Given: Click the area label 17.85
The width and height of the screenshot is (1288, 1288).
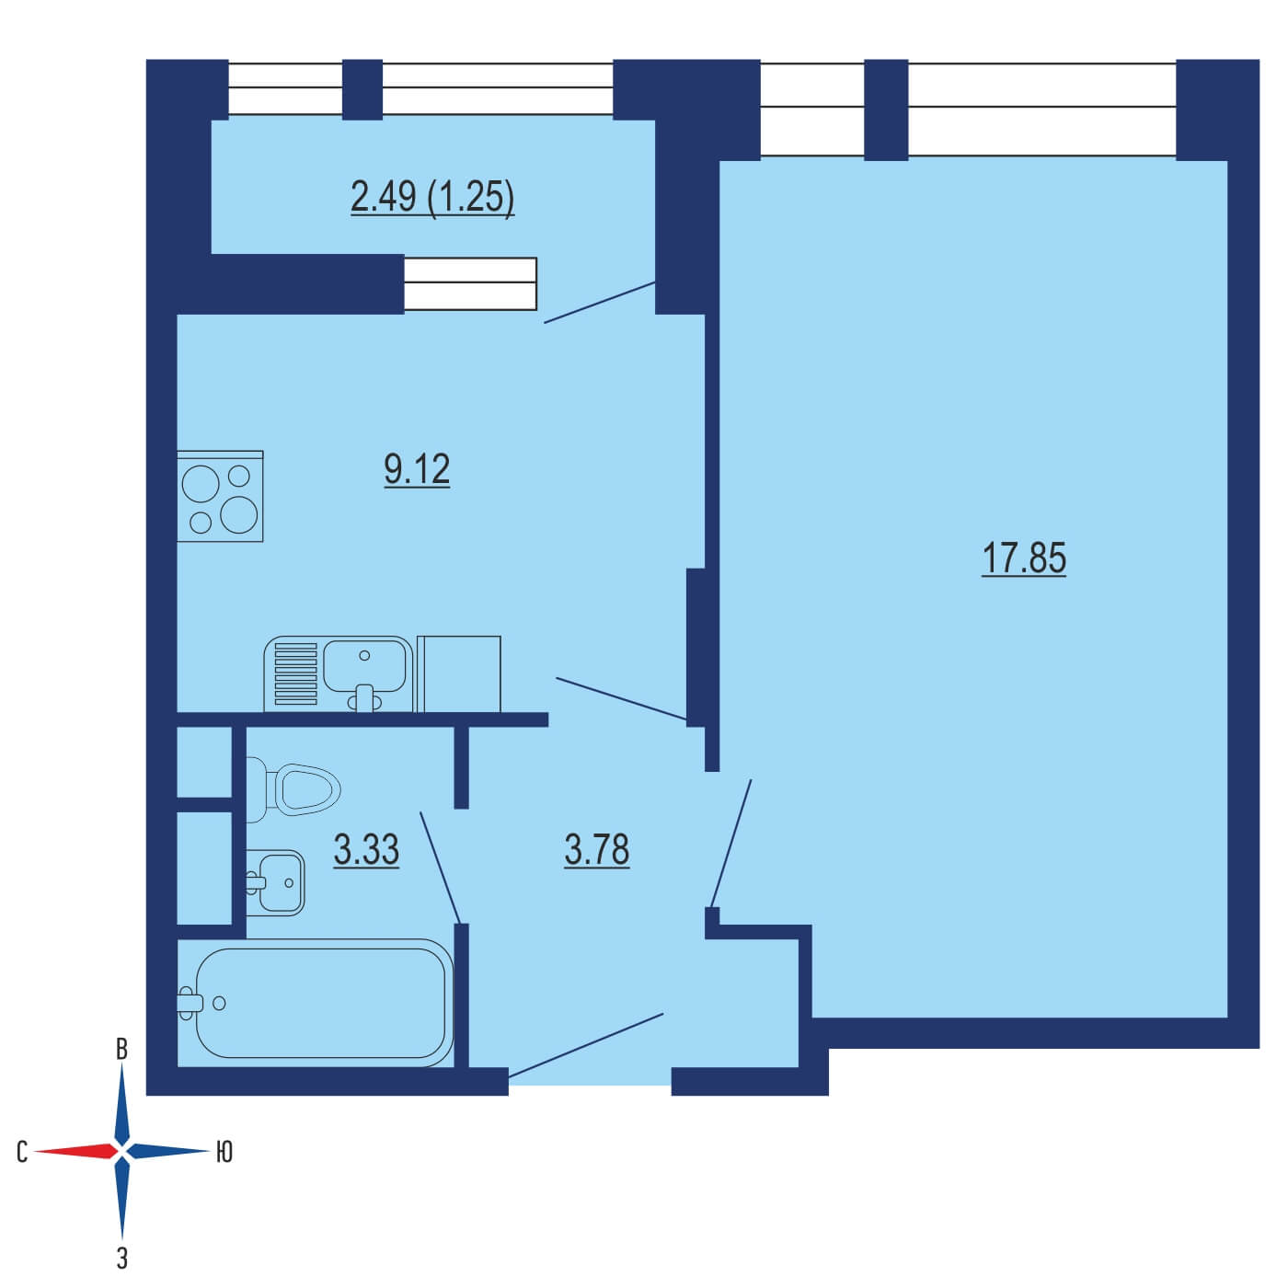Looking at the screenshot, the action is click(x=1023, y=558).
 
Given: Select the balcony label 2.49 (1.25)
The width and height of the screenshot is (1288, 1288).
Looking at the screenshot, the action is click(x=431, y=197).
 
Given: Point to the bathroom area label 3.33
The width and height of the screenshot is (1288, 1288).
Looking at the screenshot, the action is click(x=365, y=849).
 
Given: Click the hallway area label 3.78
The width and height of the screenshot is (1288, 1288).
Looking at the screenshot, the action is click(x=596, y=849).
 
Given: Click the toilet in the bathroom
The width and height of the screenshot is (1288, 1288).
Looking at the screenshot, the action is click(x=293, y=789).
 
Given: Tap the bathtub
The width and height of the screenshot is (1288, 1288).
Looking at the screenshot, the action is click(x=316, y=1003).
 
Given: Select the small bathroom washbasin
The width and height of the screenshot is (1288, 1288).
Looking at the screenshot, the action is click(x=275, y=882).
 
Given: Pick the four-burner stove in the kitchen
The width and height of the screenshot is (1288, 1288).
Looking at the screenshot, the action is click(x=220, y=496).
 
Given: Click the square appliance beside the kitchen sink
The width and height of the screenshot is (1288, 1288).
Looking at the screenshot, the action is click(x=458, y=673).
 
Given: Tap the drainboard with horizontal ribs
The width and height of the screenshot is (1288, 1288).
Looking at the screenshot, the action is click(x=295, y=673).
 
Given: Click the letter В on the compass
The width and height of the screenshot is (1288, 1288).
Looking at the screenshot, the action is click(x=121, y=1050).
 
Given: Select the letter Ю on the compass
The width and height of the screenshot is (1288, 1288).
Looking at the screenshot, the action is click(x=224, y=1152).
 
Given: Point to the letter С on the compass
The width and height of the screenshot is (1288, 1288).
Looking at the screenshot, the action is click(x=22, y=1152).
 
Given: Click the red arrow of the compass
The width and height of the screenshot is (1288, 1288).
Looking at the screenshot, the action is click(x=75, y=1151).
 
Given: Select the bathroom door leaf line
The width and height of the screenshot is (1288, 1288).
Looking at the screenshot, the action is click(x=440, y=868).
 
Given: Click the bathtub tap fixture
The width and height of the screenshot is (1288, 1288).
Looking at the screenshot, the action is click(x=190, y=1003).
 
